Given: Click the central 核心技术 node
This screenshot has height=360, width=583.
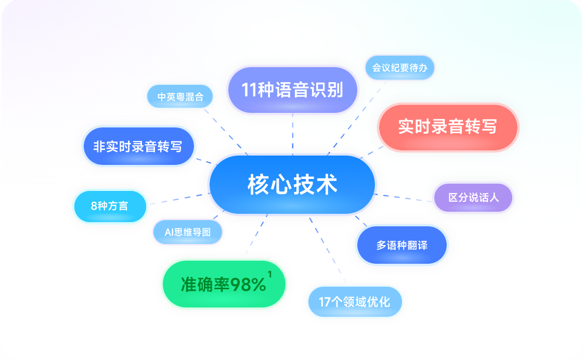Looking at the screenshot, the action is point(292,185).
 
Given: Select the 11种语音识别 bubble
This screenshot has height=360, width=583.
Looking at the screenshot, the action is point(293,90).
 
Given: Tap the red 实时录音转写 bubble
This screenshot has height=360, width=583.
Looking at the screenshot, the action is point(448,127).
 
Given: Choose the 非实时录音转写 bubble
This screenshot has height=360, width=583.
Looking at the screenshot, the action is point(139,146).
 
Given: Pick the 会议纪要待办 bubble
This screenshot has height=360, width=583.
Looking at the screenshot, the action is point(400,68).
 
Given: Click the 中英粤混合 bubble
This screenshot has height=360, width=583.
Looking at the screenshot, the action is point(180,97).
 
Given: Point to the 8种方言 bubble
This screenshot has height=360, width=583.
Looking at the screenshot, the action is point(110,207).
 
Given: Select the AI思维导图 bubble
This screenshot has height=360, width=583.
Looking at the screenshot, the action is point(188,232).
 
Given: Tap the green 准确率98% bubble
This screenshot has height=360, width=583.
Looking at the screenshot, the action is point(224,284).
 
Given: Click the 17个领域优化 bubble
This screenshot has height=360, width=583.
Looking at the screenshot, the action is point(355,302).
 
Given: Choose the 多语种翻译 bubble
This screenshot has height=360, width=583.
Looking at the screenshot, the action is point(402,245).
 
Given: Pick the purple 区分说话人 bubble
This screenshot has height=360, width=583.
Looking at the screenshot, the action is point(473,198).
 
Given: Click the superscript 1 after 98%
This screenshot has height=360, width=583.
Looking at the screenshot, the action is point(269,275).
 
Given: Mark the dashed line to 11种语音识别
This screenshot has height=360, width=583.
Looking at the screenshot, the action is point(293,134).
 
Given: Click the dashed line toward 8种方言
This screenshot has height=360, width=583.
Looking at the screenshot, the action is point(179,199).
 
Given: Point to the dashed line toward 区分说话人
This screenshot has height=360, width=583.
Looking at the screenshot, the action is point(404,198).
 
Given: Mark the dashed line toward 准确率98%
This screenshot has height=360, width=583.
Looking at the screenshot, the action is point(256,235).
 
